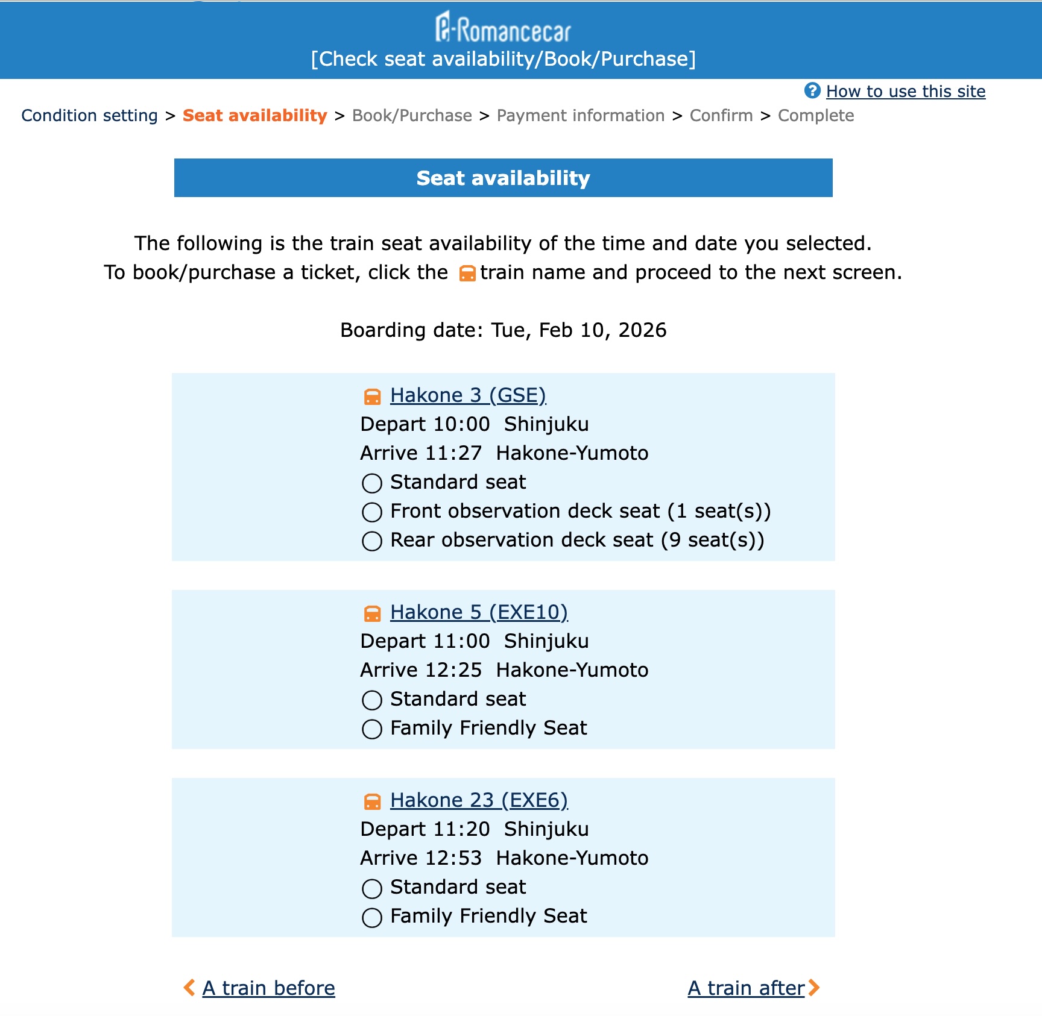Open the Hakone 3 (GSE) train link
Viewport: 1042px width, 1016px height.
467,395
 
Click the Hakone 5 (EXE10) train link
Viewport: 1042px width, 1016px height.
478,612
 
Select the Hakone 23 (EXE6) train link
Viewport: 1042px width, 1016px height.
478,800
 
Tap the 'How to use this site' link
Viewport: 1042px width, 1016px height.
905,92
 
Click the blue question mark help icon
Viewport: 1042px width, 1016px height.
812,90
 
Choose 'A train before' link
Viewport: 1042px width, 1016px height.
268,988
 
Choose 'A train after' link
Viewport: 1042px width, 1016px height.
746,988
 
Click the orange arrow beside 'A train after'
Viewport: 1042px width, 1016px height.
814,988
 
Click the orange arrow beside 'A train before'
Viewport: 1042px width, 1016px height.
189,988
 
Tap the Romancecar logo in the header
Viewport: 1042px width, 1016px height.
503,28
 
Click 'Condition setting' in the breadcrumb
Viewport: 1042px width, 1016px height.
89,116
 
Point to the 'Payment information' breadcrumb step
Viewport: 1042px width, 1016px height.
580,116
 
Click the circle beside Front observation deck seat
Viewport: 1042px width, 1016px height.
372,512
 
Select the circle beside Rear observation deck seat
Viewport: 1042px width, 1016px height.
372,541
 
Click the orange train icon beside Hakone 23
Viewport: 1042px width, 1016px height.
372,801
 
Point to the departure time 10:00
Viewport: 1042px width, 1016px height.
461,424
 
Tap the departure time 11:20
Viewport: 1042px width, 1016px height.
461,829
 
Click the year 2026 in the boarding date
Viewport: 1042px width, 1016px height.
642,330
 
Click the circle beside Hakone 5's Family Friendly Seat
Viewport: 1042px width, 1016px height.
372,729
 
